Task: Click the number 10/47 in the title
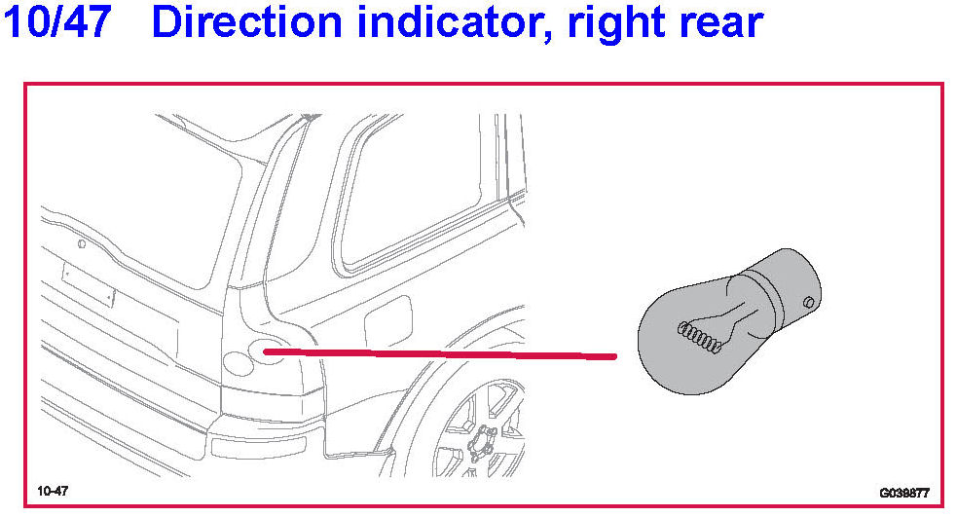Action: coord(60,22)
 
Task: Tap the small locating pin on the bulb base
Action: coord(807,302)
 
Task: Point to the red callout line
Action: coord(438,353)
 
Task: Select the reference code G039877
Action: coord(903,493)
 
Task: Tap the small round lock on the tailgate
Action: coord(82,244)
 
